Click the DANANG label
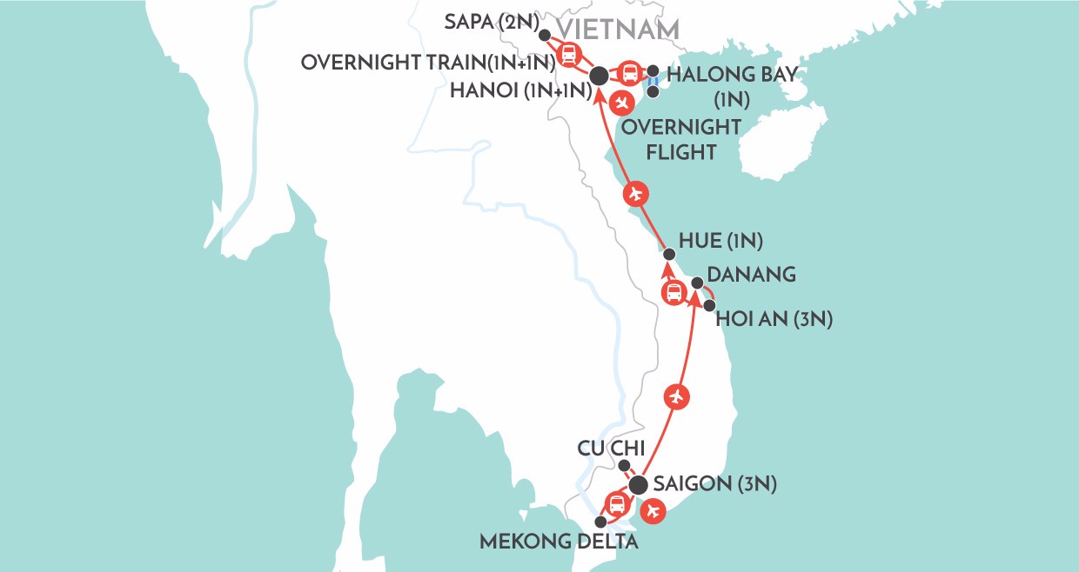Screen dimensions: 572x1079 pos(754,275)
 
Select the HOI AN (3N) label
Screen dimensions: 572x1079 pos(774,320)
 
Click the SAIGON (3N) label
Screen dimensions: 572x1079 pos(714,483)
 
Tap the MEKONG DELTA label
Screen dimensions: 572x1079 pos(560,542)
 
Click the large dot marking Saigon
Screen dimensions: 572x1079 pos(639,484)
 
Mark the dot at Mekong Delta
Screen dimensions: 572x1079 pos(600,522)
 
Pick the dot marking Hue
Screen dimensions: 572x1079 pos(668,255)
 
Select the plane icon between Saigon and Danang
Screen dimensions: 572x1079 pos(676,396)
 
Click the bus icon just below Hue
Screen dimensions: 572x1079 pos(674,293)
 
